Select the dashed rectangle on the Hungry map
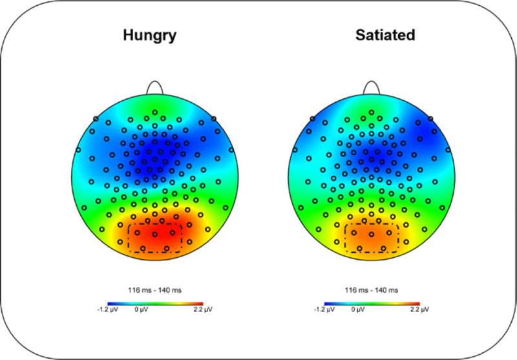(154, 237)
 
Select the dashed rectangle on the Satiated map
(372, 237)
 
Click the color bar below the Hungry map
(154, 302)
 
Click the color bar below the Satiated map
(372, 302)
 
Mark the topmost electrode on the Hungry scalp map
(154, 112)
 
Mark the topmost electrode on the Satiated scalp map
(372, 112)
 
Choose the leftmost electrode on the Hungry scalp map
(78, 150)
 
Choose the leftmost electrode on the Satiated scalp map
(295, 150)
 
